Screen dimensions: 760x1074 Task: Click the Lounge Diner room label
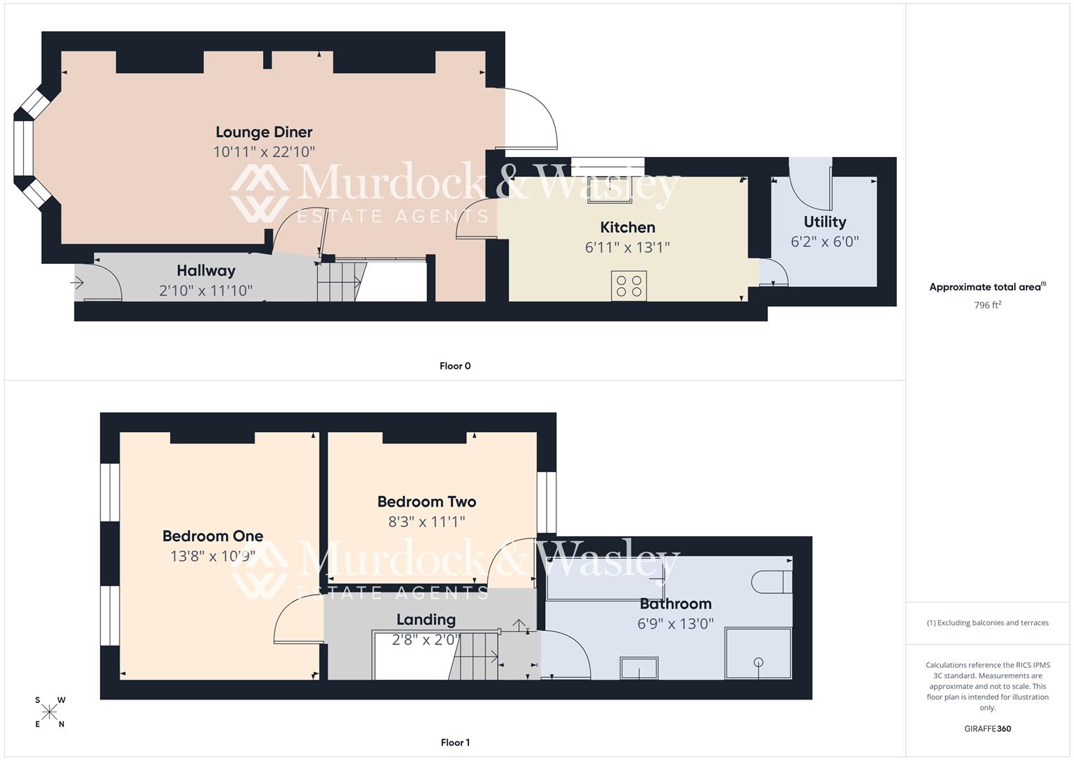[x=264, y=132]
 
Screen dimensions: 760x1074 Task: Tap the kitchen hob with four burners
[x=629, y=286]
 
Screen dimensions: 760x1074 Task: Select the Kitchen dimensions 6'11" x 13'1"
[x=627, y=248]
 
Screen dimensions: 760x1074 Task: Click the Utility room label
[x=824, y=222]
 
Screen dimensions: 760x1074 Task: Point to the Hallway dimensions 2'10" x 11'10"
[x=205, y=291]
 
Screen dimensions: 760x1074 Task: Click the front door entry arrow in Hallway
[x=77, y=283]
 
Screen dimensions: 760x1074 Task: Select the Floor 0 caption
[x=454, y=366]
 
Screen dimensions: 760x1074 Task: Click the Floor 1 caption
[x=454, y=742]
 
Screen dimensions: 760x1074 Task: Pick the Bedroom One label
[x=212, y=536]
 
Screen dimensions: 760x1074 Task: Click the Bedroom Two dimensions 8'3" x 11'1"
[x=426, y=522]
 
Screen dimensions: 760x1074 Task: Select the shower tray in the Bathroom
[x=758, y=653]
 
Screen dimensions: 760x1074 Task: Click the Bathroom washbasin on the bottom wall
[x=639, y=668]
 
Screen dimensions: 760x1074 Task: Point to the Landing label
[x=426, y=620]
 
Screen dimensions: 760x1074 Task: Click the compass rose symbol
[x=49, y=712]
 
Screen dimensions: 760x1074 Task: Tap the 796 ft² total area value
[x=987, y=305]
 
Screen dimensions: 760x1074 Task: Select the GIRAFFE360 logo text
[x=987, y=729]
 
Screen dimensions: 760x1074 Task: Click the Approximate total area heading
[x=987, y=287]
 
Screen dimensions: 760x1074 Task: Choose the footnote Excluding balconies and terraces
[x=987, y=623]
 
